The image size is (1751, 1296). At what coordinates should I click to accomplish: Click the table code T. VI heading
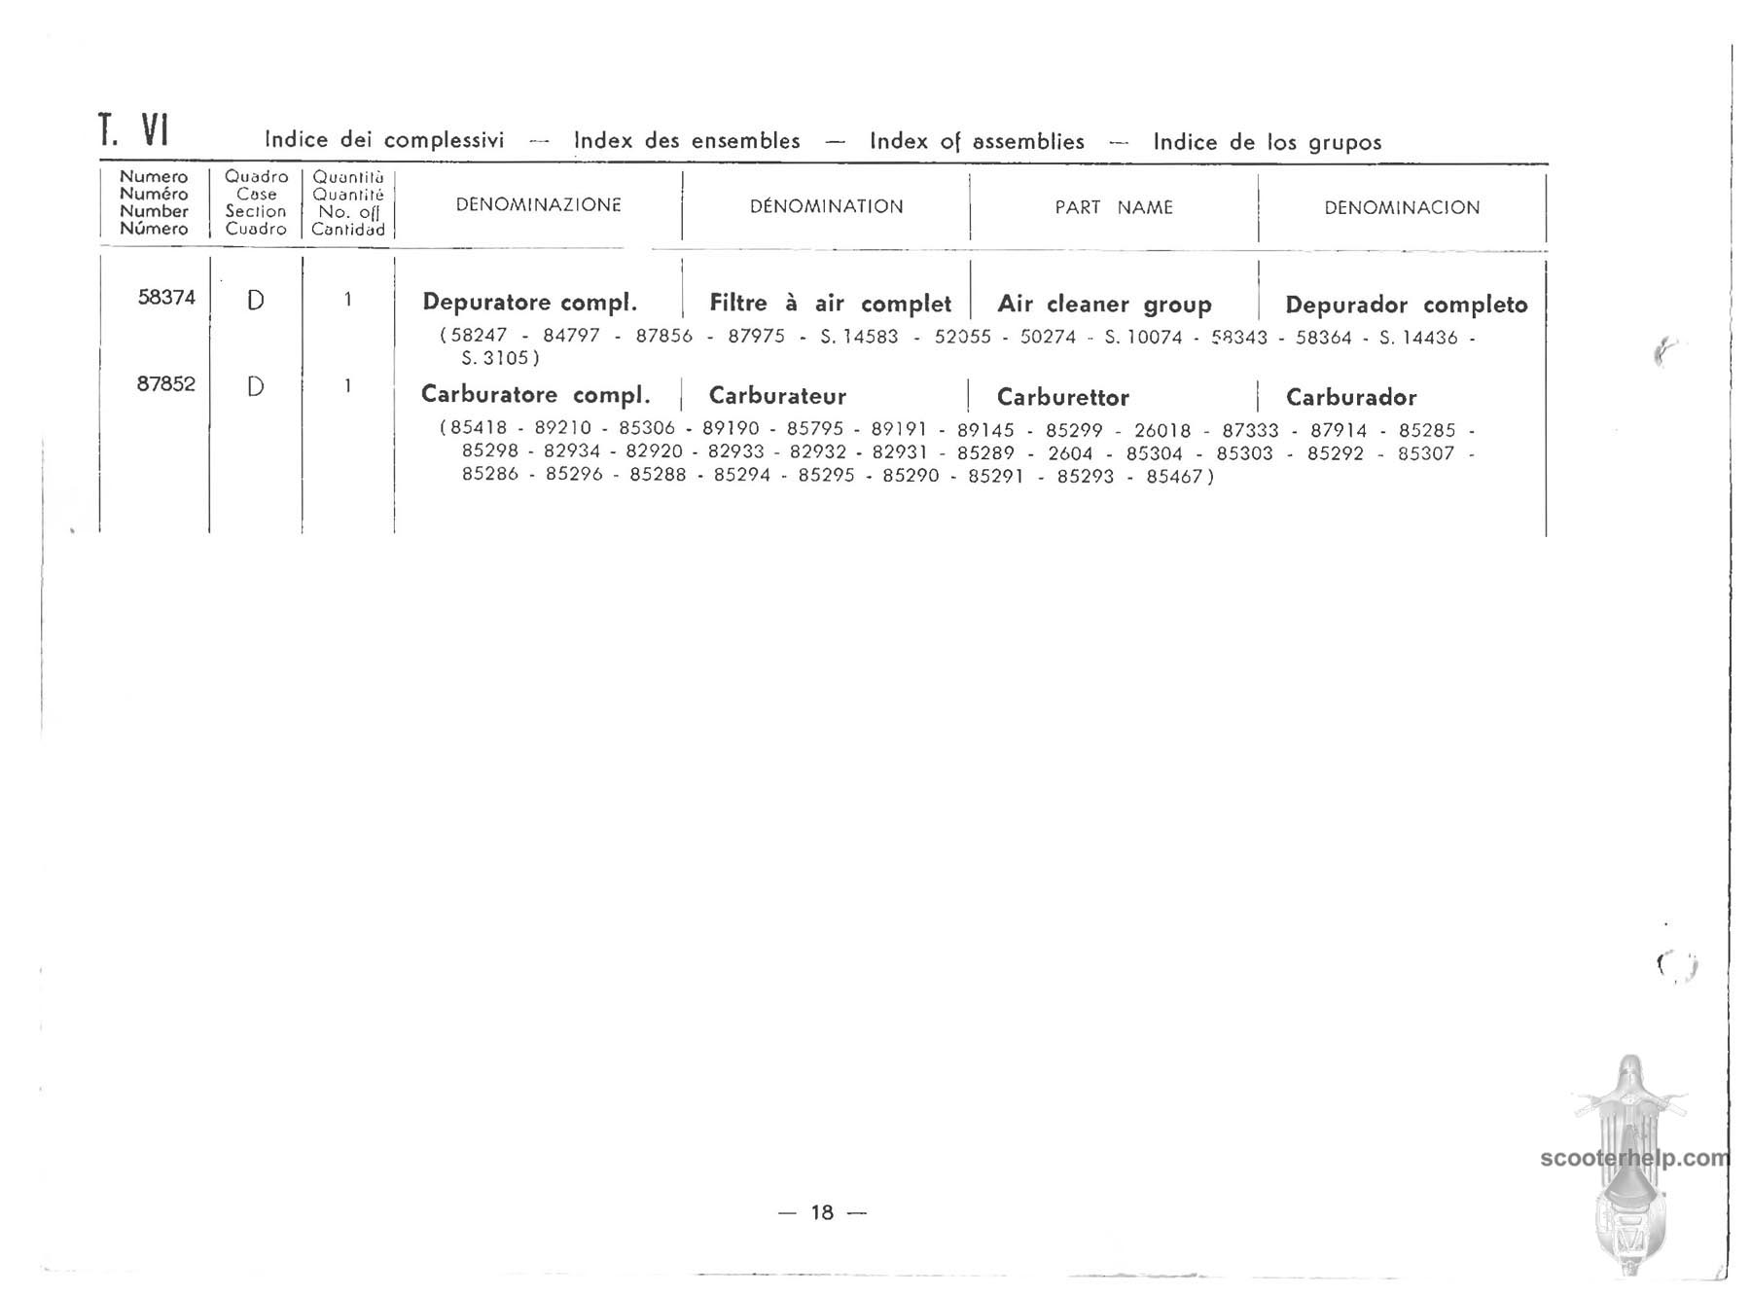click(x=134, y=130)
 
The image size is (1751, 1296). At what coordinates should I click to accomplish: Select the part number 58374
click(x=166, y=298)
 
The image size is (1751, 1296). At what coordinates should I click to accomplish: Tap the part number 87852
click(x=165, y=384)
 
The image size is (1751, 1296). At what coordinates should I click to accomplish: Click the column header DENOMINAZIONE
click(x=538, y=205)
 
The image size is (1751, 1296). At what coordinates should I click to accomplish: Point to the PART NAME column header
click(x=1114, y=207)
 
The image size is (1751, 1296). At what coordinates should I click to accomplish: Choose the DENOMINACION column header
click(x=1402, y=207)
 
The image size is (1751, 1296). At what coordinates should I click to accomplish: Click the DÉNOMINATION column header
click(x=826, y=206)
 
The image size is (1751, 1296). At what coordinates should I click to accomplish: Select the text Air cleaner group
click(x=1104, y=305)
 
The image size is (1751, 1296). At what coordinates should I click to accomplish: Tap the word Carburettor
click(x=1062, y=397)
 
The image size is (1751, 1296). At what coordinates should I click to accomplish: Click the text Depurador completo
click(x=1406, y=305)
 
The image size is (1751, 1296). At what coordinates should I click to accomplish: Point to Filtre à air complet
click(x=830, y=304)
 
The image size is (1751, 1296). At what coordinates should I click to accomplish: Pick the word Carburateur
click(x=777, y=396)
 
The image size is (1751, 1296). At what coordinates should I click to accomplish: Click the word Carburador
click(x=1350, y=397)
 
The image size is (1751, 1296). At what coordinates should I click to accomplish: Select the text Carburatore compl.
click(x=535, y=395)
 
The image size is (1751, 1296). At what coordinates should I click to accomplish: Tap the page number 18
click(x=822, y=1212)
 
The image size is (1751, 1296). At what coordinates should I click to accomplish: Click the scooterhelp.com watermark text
click(x=1634, y=1159)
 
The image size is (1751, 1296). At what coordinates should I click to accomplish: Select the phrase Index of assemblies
click(x=977, y=142)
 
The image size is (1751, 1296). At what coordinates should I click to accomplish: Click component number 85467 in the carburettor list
click(x=1174, y=477)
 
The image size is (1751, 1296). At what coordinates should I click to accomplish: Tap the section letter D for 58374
click(x=255, y=301)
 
